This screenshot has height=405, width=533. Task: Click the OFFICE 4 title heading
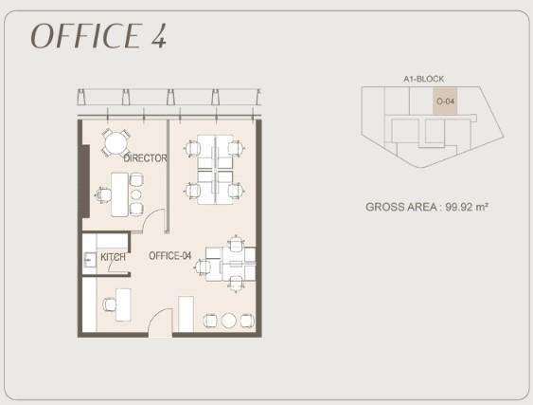(98, 36)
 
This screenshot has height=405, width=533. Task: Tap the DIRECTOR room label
(145, 158)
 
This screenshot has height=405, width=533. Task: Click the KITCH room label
(113, 257)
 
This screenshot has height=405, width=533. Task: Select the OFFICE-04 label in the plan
(170, 256)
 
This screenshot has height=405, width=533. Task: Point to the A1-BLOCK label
(423, 79)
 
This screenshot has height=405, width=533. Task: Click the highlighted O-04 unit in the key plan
(445, 101)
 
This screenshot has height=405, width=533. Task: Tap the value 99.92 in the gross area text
(459, 207)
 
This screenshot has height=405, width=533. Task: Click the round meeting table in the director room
(115, 143)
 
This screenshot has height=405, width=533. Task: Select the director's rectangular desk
(119, 194)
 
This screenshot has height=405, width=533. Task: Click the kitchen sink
(90, 261)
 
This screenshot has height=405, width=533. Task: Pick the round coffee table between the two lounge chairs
(229, 321)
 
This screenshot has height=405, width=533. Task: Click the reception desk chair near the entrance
(110, 304)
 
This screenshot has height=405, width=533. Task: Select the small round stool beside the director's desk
(136, 194)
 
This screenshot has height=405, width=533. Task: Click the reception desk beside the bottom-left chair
(123, 304)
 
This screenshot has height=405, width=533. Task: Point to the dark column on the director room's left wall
(84, 181)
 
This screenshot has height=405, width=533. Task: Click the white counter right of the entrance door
(186, 314)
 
